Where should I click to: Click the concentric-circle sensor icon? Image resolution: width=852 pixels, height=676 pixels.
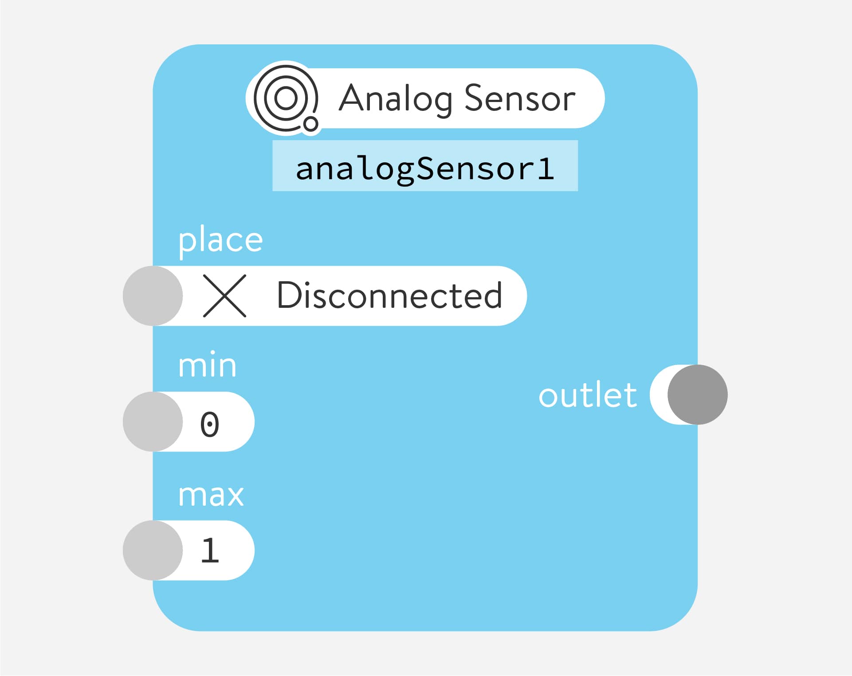click(x=286, y=98)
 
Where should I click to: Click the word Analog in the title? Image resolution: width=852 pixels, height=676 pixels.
click(x=395, y=99)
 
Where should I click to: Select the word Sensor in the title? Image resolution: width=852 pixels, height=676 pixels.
click(x=519, y=98)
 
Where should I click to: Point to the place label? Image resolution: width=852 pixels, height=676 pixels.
click(x=220, y=241)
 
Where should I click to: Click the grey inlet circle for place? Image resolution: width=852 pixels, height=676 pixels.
click(x=153, y=296)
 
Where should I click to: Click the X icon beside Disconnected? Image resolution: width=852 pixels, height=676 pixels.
click(x=224, y=296)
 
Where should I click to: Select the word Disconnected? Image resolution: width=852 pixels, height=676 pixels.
click(x=389, y=296)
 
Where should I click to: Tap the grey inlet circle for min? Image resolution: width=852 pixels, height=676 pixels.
click(x=153, y=422)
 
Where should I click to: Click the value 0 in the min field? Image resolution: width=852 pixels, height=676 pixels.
click(x=210, y=424)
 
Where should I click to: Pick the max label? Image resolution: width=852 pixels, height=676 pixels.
click(x=211, y=495)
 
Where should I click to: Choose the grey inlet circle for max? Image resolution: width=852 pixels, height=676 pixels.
click(x=153, y=550)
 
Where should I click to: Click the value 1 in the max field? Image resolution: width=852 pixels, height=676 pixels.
click(x=210, y=551)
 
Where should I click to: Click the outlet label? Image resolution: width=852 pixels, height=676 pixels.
click(x=587, y=395)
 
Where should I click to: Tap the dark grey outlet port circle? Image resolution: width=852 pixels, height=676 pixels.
click(x=697, y=395)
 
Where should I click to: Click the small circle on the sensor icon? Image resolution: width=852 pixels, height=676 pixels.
click(x=310, y=123)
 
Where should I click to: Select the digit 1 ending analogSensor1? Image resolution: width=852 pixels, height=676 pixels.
click(x=545, y=169)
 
